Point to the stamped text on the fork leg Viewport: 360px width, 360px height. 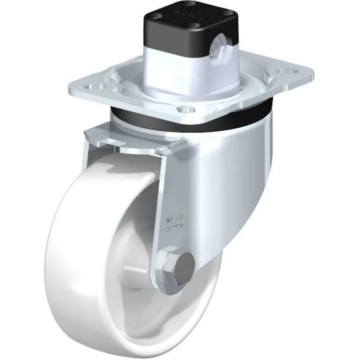(174, 221)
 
